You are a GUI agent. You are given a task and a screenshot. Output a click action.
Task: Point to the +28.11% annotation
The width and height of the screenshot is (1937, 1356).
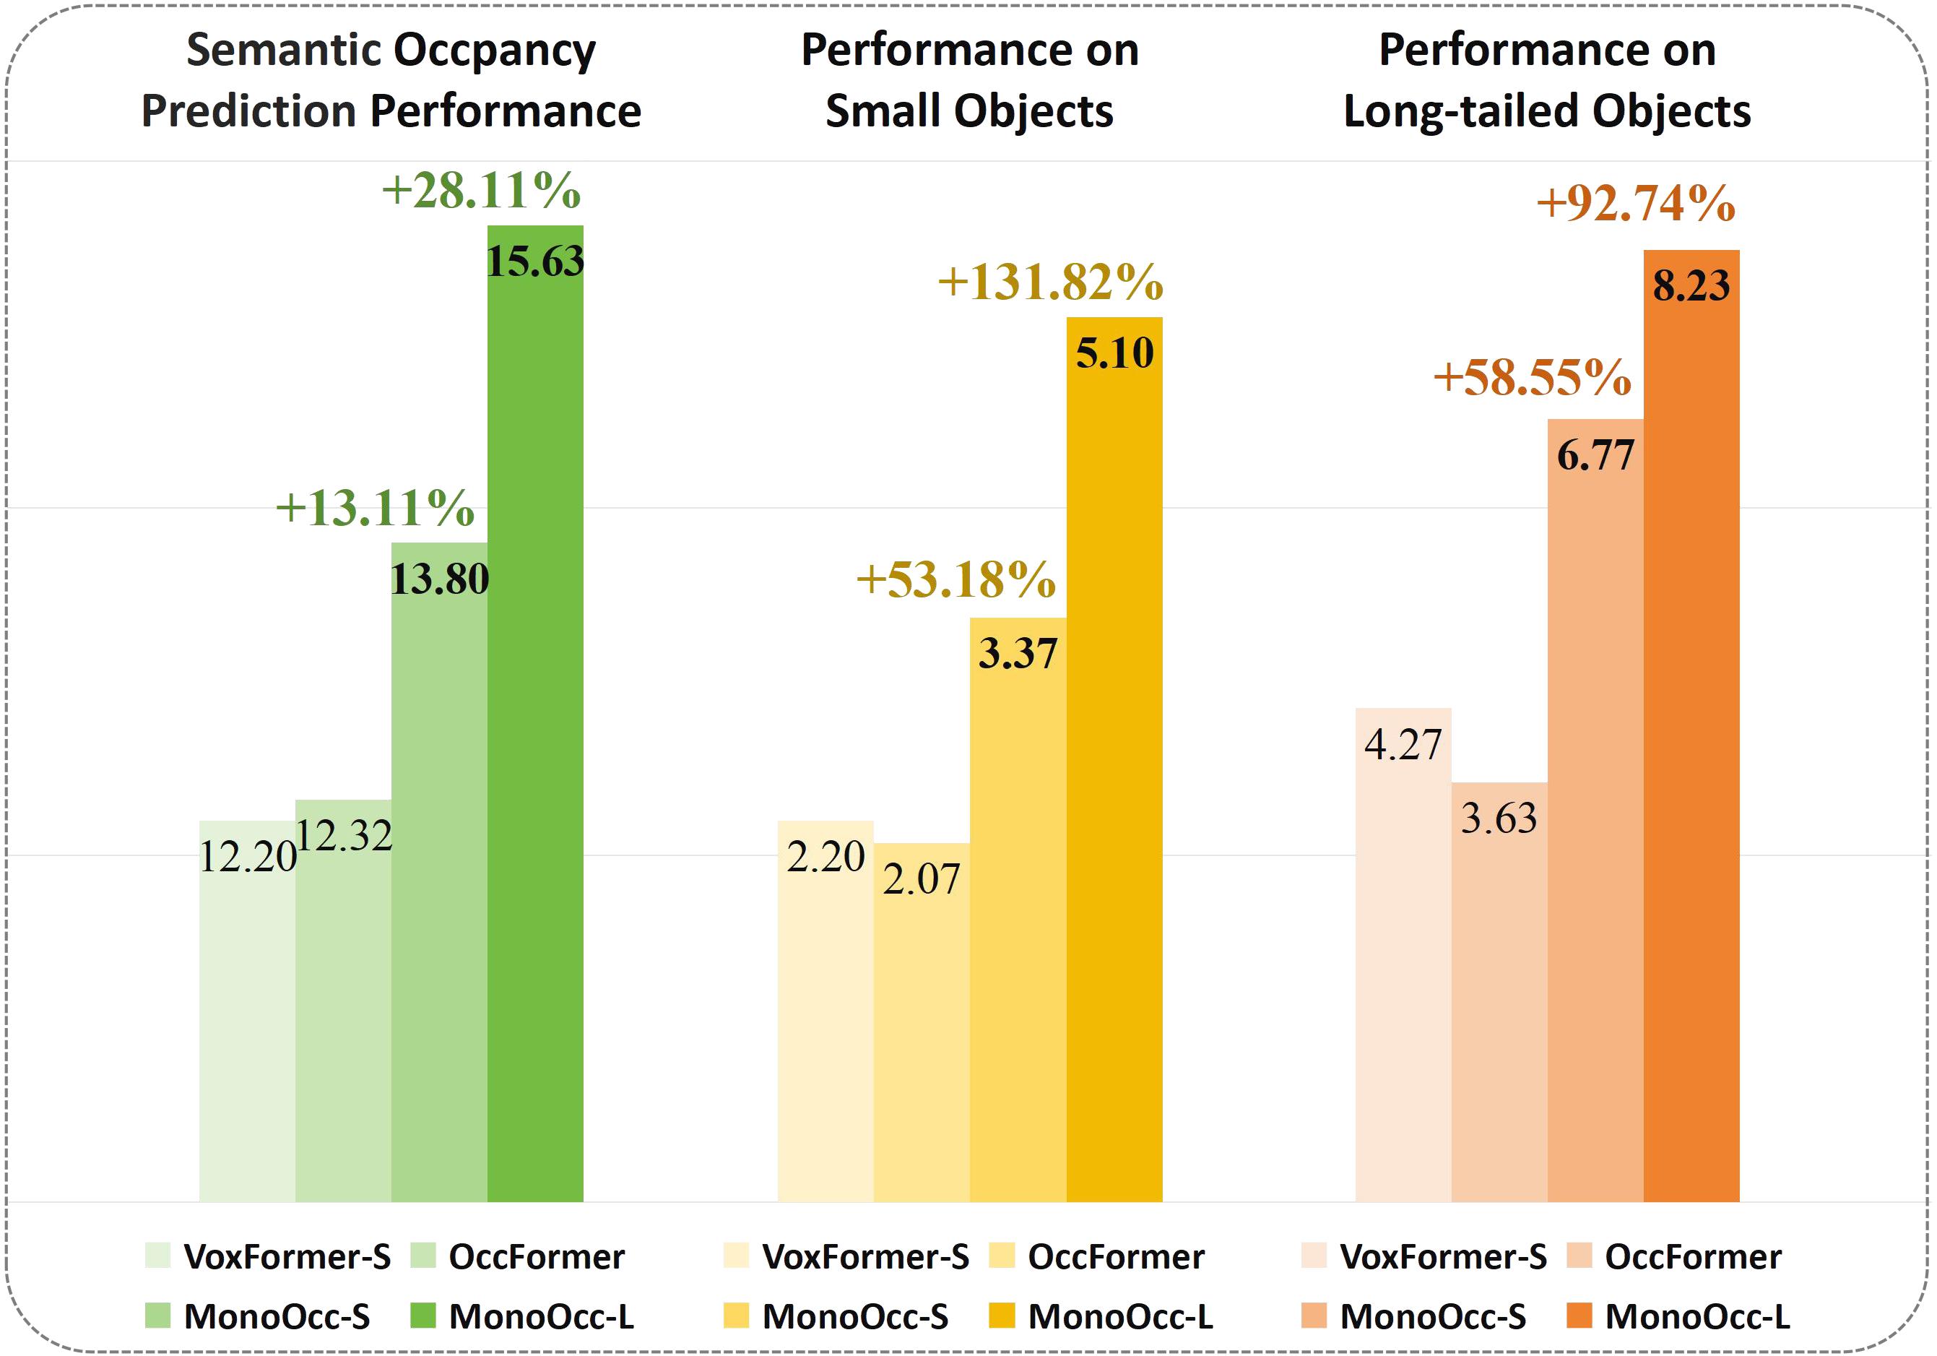point(481,191)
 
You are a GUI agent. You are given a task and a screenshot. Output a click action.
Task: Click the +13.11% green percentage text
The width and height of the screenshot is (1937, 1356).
point(375,508)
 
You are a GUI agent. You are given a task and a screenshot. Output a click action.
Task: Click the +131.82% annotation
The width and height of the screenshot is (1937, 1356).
point(1050,282)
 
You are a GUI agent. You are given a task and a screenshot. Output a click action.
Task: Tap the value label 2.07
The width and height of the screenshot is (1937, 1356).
point(922,879)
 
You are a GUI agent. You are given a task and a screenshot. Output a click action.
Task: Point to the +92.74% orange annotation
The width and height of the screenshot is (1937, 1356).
point(1635,204)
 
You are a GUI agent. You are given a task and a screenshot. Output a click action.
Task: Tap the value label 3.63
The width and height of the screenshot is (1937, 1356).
point(1499,818)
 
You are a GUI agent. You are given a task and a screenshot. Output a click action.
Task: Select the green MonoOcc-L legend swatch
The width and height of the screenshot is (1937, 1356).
point(422,1316)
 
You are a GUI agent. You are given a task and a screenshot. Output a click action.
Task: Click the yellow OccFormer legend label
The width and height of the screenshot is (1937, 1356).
point(1115,1257)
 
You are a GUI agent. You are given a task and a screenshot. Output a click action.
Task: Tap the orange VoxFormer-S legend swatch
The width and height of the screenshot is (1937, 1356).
point(1314,1256)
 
